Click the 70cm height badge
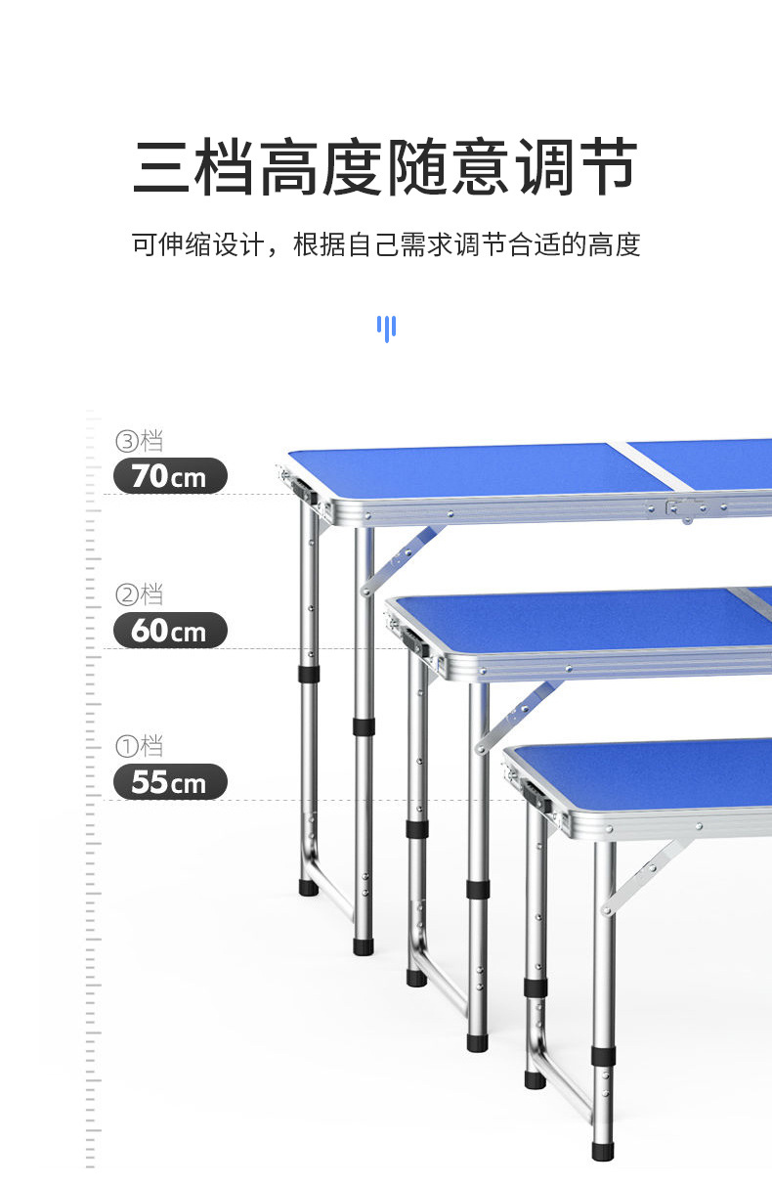pos(170,476)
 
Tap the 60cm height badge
pos(170,631)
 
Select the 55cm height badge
pos(170,782)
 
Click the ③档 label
pos(139,441)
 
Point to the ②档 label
pos(139,594)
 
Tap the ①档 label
pos(139,747)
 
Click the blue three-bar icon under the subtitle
pos(387,328)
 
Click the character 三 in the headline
pos(163,168)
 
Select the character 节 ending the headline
pos(607,168)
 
